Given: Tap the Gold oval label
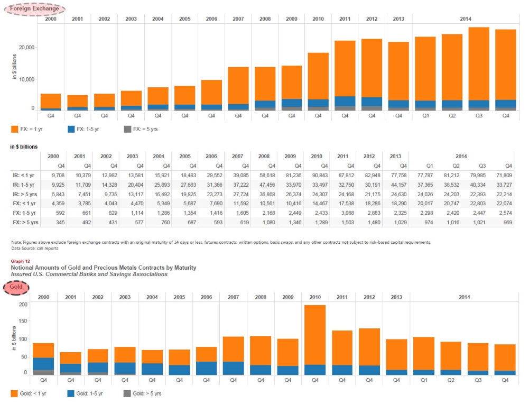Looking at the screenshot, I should coord(16,287).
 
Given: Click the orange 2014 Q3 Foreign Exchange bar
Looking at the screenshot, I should coord(479,63).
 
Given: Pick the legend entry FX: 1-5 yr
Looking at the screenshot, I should coord(83,129).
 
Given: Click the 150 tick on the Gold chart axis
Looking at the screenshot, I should coord(23,322).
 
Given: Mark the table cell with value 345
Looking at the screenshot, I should coord(55,223).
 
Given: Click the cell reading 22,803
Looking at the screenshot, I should coord(478,204).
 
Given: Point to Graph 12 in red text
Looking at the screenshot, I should coord(21,261).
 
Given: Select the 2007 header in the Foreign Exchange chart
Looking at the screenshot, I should coord(238,19).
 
